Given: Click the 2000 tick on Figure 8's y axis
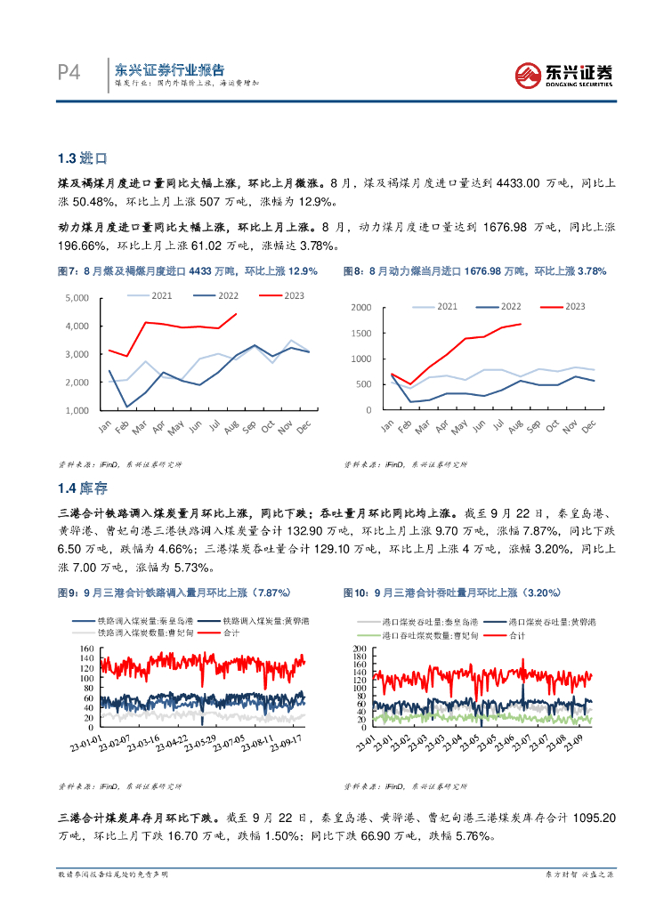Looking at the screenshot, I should coord(360,308).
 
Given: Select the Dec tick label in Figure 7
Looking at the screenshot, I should coord(304,427).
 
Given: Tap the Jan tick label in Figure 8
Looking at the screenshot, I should coord(387,426).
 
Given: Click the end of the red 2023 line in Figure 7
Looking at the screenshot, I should coord(236,313).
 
